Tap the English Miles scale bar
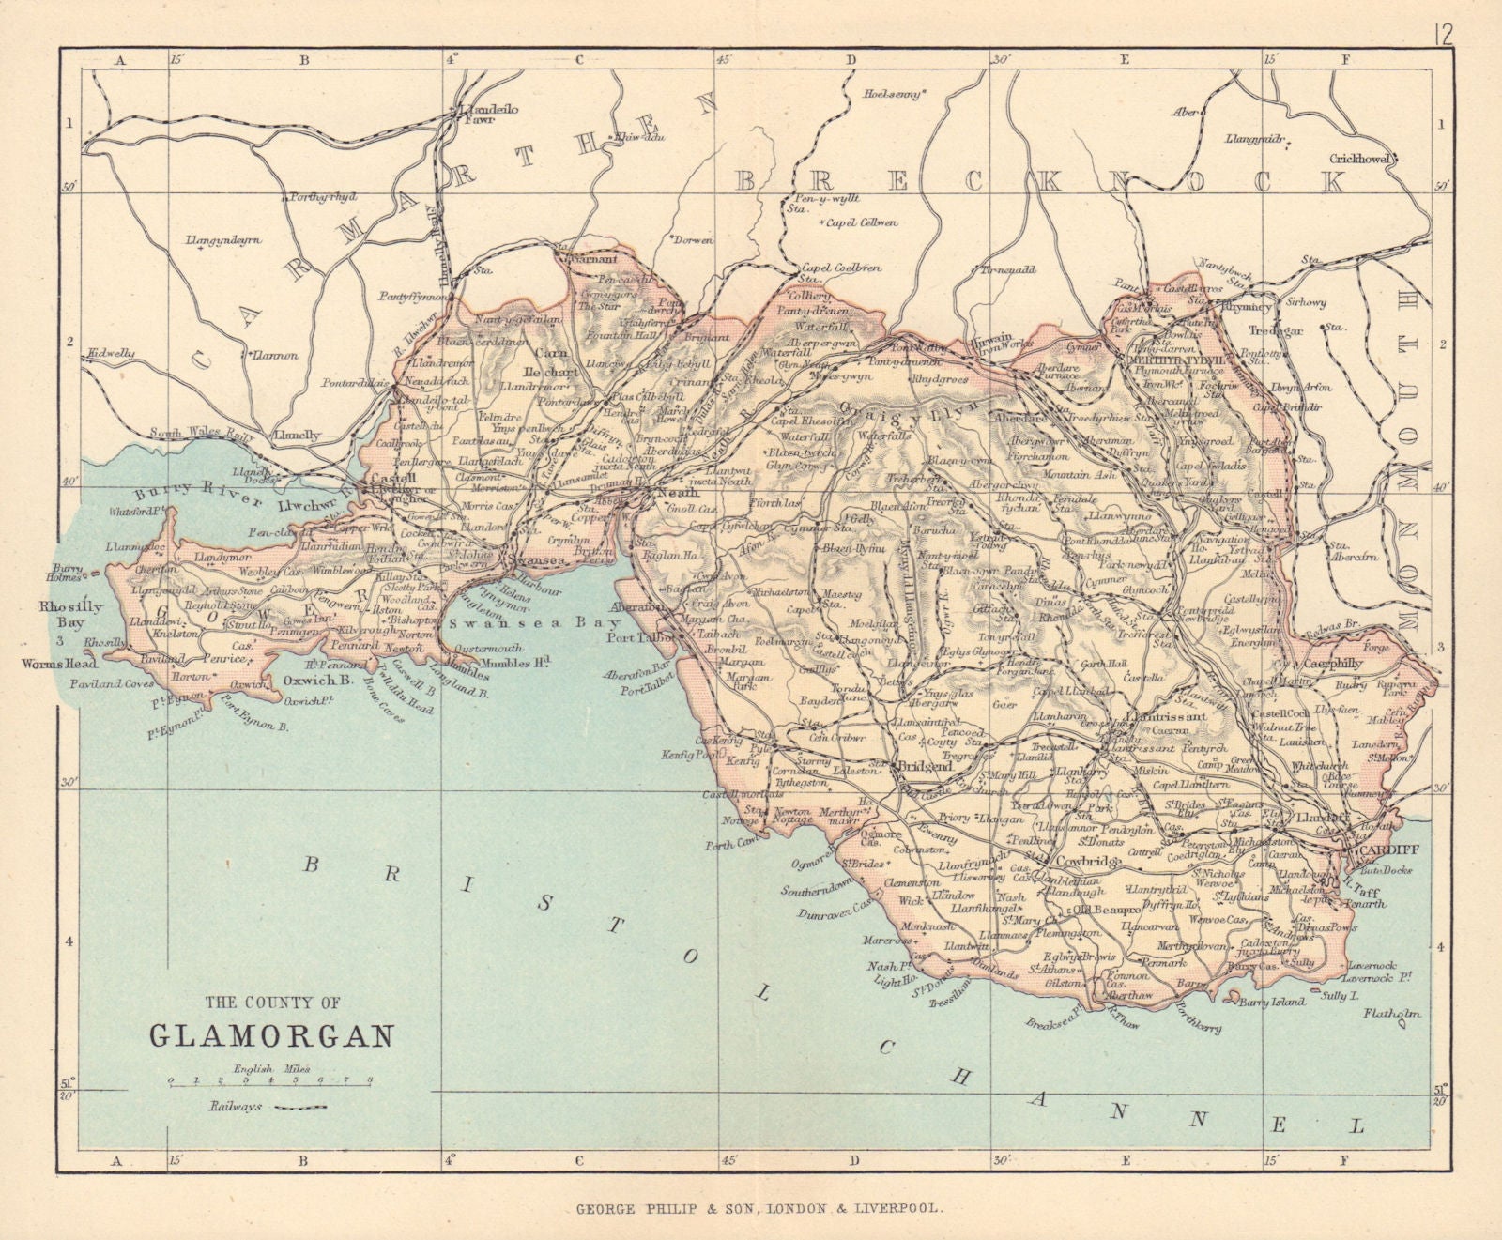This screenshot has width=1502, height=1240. click(x=271, y=1081)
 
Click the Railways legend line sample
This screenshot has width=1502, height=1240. click(x=298, y=1107)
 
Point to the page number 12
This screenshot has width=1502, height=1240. click(x=1444, y=36)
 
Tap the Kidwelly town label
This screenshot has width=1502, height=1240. click(x=110, y=353)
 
